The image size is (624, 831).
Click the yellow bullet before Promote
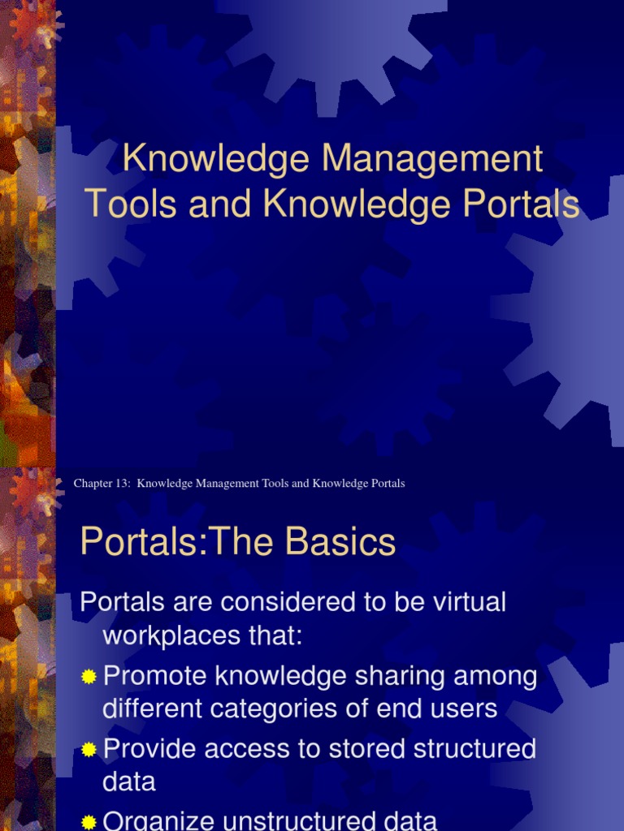tap(89, 677)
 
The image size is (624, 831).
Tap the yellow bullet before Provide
tap(89, 749)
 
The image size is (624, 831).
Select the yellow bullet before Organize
tap(89, 822)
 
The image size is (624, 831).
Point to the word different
tap(149, 709)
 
